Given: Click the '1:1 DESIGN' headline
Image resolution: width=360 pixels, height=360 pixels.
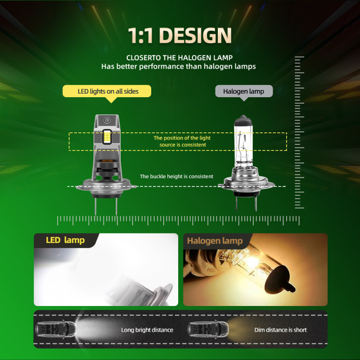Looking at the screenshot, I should (x=180, y=36).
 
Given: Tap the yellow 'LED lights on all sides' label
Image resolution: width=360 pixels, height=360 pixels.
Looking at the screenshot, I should (x=108, y=91).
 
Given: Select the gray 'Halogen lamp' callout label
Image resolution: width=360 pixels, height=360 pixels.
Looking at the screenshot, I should (x=244, y=91).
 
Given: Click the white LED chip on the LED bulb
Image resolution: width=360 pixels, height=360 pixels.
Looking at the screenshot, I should (x=108, y=137).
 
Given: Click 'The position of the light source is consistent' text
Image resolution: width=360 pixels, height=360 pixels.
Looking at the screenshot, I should (x=182, y=141).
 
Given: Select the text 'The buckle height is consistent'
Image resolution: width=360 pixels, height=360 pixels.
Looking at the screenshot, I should (x=176, y=176).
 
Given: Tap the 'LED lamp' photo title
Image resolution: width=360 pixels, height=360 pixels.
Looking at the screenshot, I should (x=65, y=240).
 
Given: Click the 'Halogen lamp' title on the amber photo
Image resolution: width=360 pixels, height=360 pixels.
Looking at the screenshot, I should (x=215, y=241).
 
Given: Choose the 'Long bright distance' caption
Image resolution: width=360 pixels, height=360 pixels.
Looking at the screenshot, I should (x=147, y=330).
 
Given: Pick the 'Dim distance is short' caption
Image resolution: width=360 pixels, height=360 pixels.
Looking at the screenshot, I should (x=280, y=330).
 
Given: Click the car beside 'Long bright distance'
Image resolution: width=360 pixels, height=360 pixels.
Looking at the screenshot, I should (x=56, y=330).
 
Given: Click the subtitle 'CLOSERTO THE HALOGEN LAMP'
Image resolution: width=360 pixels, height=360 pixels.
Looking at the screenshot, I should (x=180, y=58).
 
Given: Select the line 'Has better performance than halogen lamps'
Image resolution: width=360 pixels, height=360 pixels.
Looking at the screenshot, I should (x=179, y=67).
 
